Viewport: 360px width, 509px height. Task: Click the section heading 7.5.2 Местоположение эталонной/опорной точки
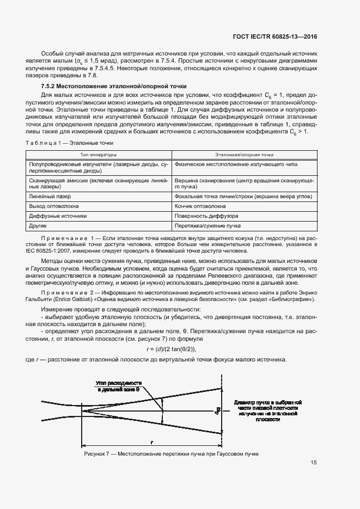coord(114,86)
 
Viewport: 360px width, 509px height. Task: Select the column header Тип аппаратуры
coord(99,155)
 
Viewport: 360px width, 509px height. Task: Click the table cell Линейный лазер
coord(50,196)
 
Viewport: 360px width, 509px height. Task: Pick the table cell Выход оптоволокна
coord(54,206)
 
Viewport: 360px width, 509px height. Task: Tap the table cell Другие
coord(38,225)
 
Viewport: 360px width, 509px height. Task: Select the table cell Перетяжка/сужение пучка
coord(208,225)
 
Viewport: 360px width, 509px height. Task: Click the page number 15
coord(314,463)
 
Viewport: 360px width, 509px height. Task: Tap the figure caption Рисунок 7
coord(171,453)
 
